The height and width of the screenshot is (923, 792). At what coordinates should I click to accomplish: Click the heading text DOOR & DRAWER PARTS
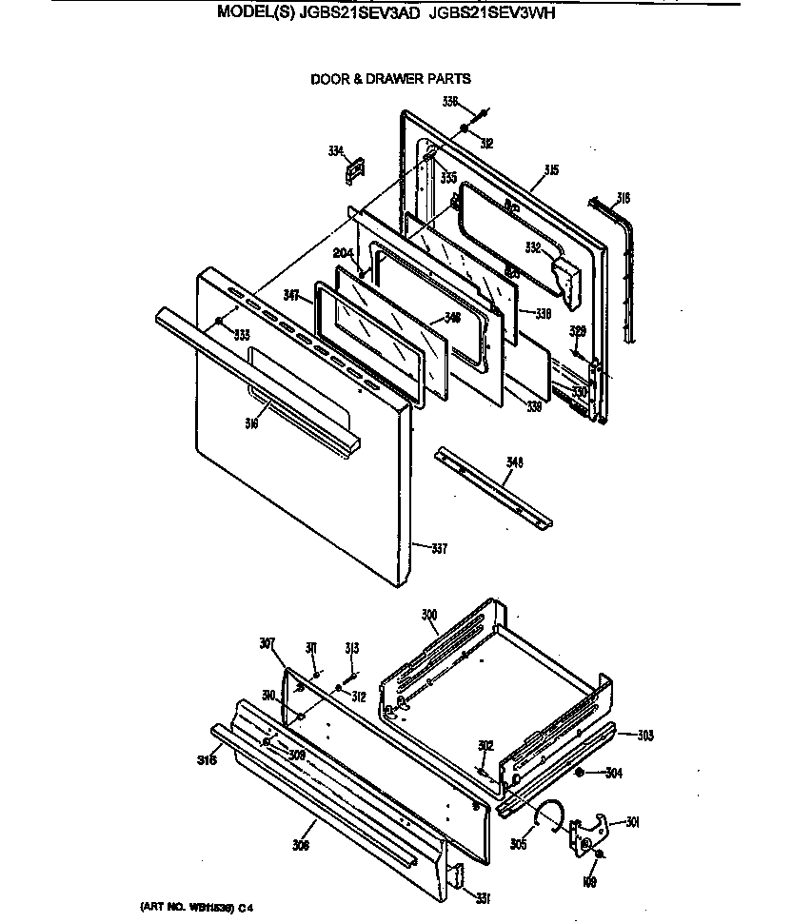390,79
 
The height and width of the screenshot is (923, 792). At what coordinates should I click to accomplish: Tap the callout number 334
335,150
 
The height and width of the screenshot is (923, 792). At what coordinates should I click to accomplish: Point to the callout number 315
551,170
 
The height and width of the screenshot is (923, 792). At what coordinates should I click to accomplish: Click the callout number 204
344,252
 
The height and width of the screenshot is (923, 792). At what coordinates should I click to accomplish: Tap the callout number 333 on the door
242,334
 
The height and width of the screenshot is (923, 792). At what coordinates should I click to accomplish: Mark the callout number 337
439,548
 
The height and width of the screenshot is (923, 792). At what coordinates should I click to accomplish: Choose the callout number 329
577,330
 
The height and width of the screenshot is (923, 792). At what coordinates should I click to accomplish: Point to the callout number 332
534,247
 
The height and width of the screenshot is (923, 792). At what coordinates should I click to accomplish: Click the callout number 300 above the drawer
429,616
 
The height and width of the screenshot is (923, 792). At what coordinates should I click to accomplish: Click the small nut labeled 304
579,772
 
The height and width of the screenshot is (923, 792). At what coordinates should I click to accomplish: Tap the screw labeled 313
351,676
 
